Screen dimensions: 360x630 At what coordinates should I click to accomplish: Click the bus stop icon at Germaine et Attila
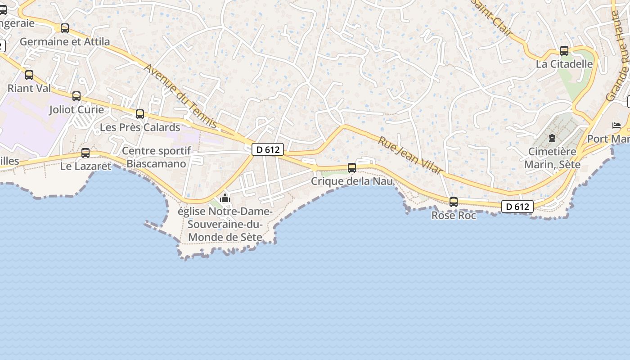[65, 28]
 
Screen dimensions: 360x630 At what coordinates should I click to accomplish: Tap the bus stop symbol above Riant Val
[29, 75]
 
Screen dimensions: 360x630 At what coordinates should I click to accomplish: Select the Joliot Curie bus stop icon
[76, 96]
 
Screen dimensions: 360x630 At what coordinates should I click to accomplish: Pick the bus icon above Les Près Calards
[140, 114]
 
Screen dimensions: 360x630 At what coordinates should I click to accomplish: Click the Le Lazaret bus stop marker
[85, 153]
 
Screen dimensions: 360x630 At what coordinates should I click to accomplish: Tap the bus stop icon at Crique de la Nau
[352, 168]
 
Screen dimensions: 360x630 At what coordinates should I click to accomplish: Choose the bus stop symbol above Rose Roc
[454, 202]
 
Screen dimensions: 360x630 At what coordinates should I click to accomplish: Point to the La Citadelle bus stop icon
[564, 51]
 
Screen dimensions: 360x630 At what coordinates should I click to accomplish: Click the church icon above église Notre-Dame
[225, 198]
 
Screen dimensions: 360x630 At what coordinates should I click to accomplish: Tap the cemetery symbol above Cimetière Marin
[552, 138]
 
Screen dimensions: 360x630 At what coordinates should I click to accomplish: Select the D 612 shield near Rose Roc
[517, 207]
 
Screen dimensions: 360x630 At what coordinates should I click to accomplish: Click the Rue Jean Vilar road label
[409, 155]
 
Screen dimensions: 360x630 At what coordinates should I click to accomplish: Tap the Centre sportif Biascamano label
[156, 157]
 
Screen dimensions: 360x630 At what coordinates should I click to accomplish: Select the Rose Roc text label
[454, 216]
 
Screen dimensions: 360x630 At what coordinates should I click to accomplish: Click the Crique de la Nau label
[352, 181]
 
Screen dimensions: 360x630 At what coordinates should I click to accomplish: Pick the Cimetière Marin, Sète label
[552, 158]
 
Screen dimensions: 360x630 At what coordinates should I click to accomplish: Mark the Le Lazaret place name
[85, 166]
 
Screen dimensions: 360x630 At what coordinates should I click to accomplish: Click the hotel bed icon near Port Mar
[616, 125]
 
